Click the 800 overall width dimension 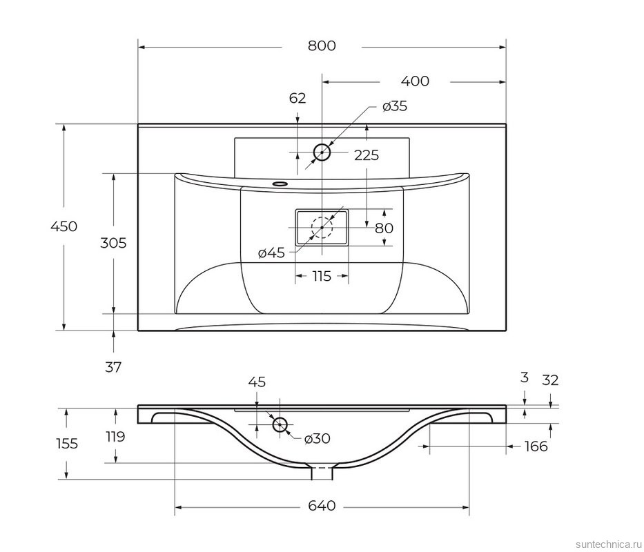pyautogui.click(x=322, y=46)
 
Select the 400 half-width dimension pyautogui.click(x=415, y=81)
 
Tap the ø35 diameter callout pyautogui.click(x=395, y=106)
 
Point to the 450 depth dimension pyautogui.click(x=64, y=226)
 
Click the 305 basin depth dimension pyautogui.click(x=113, y=243)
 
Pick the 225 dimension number pyautogui.click(x=367, y=155)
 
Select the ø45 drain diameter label pyautogui.click(x=271, y=253)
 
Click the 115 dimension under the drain pyautogui.click(x=322, y=276)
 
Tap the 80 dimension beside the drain pyautogui.click(x=384, y=228)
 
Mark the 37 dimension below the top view pyautogui.click(x=113, y=367)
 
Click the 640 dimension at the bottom pyautogui.click(x=322, y=506)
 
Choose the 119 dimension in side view pyautogui.click(x=115, y=436)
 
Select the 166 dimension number pyautogui.click(x=536, y=446)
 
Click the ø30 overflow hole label pyautogui.click(x=318, y=438)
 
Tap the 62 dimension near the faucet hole pyautogui.click(x=297, y=98)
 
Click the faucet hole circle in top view pyautogui.click(x=322, y=152)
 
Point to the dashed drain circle pyautogui.click(x=322, y=228)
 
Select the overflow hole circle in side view pyautogui.click(x=280, y=424)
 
